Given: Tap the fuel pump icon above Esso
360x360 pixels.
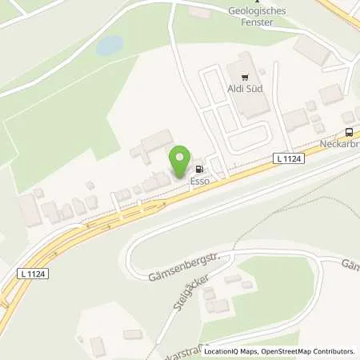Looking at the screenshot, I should pyautogui.click(x=198, y=169).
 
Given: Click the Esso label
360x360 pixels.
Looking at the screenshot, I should pyautogui.click(x=199, y=181).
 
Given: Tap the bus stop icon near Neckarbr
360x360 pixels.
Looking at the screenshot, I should pyautogui.click(x=349, y=132).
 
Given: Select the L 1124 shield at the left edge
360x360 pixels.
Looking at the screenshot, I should pyautogui.click(x=30, y=274).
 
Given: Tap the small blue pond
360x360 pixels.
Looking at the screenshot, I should pyautogui.click(x=110, y=46).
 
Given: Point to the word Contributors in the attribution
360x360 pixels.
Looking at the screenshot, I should pyautogui.click(x=333, y=351).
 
